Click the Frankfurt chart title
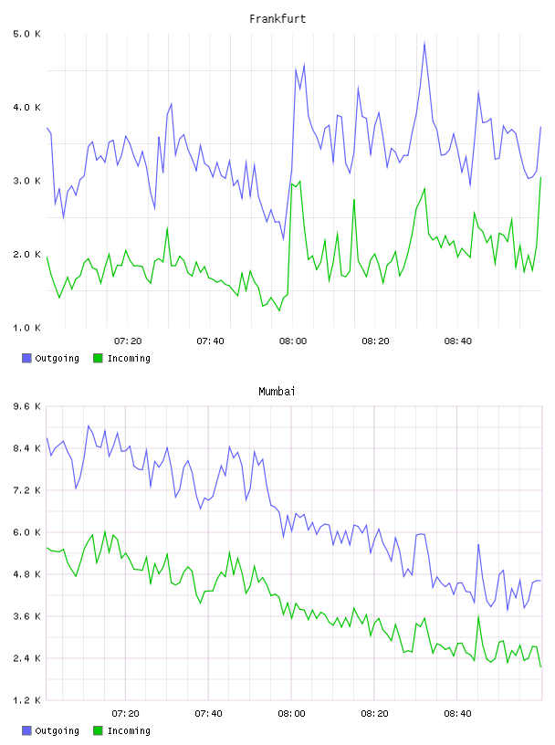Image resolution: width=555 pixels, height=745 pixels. [277, 19]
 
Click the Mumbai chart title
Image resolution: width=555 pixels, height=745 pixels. [277, 392]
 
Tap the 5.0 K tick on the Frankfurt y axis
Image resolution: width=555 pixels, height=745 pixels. [26, 34]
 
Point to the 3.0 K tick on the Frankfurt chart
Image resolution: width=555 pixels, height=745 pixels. [26, 181]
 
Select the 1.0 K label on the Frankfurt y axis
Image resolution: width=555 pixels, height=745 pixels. [26, 328]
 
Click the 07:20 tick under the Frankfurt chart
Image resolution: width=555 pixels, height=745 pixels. [128, 341]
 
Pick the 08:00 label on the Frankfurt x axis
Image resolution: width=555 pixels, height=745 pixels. [293, 341]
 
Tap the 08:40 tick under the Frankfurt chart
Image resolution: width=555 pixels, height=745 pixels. [458, 341]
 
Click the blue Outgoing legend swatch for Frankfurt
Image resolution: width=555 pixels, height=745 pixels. [26, 358]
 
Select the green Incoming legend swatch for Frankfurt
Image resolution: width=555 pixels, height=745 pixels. [98, 358]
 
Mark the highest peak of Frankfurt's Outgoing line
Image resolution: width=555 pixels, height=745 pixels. [424, 42]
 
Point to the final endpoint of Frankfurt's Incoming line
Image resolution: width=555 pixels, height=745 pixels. [540, 178]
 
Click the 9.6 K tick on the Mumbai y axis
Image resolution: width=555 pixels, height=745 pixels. [26, 406]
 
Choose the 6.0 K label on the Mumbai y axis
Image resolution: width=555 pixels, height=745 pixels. [26, 532]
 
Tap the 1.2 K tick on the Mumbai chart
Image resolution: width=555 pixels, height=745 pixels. [26, 700]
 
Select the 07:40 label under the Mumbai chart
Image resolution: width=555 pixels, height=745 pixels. [209, 714]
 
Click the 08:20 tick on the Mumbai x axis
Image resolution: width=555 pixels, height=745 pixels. [374, 714]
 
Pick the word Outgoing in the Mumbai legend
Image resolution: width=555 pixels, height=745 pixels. [57, 730]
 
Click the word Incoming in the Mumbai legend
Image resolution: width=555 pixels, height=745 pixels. [129, 730]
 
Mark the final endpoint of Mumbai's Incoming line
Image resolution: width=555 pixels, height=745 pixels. [540, 666]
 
